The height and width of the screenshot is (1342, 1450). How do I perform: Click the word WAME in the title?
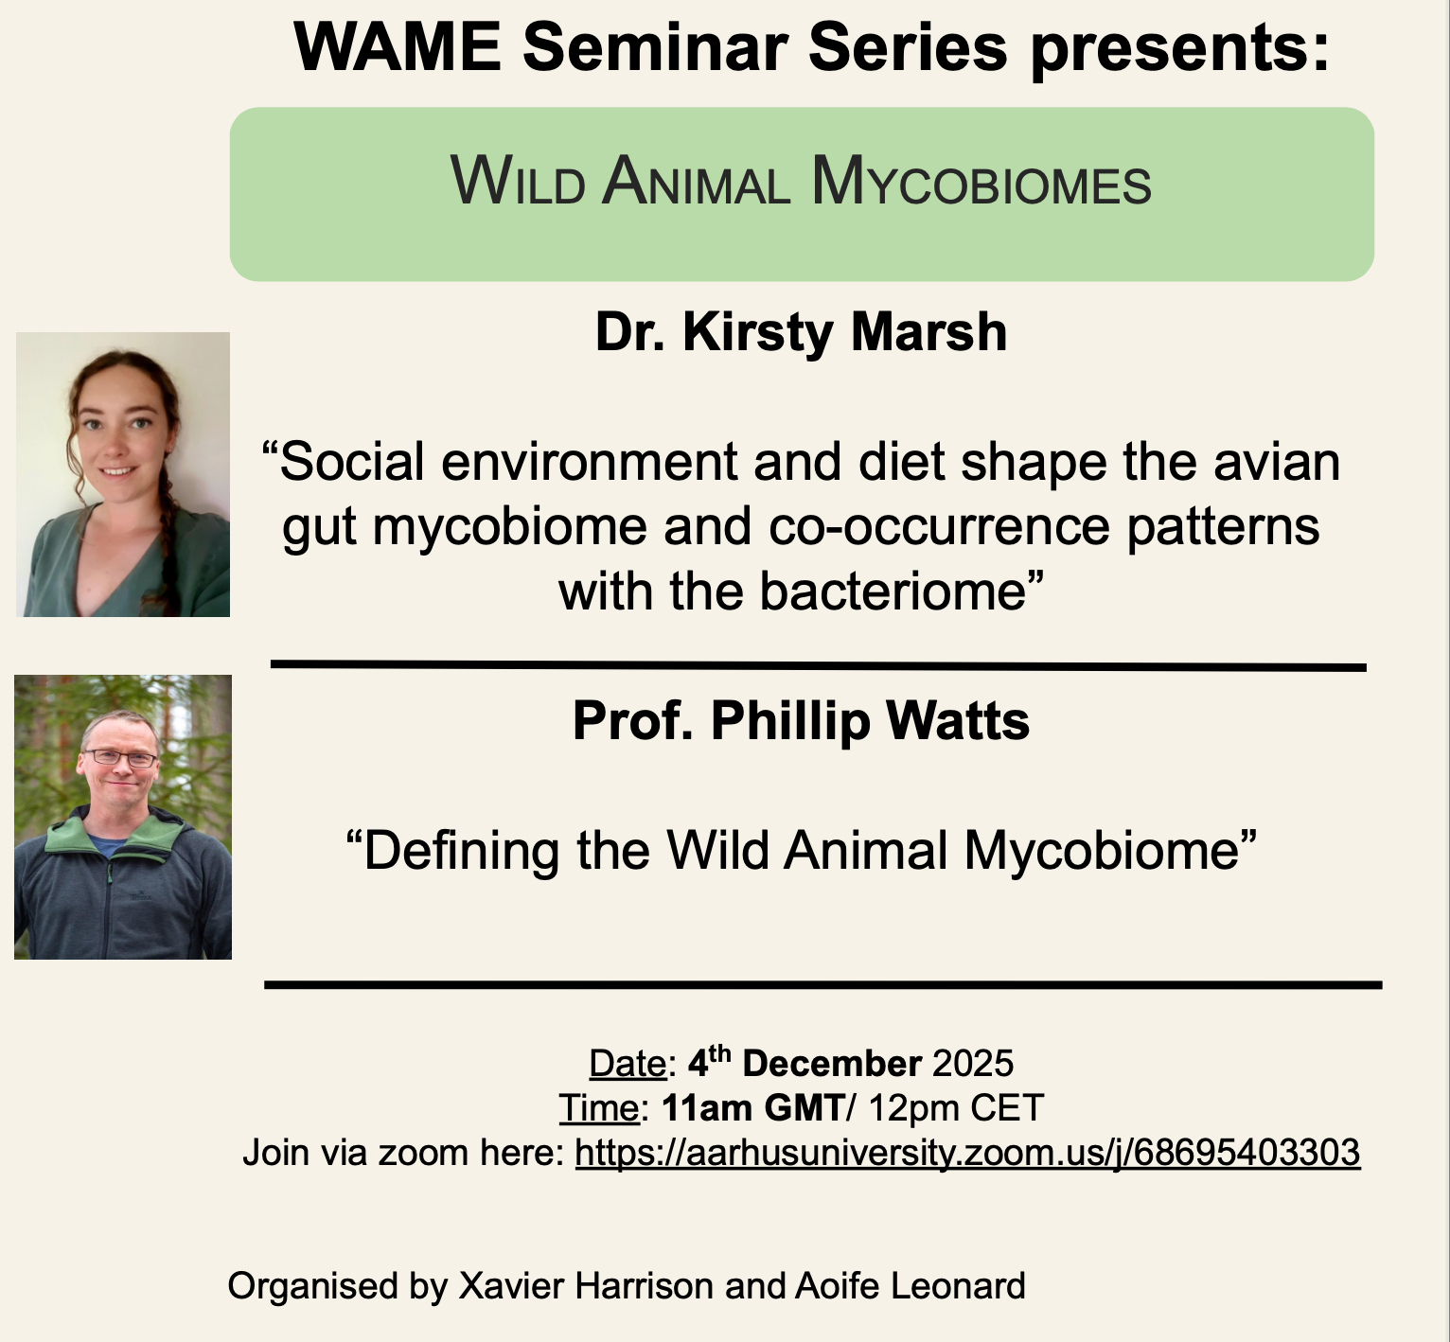coord(398,46)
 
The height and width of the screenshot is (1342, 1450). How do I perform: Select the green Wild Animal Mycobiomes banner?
coord(802,194)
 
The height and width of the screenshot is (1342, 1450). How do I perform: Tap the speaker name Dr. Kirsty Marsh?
coord(801,332)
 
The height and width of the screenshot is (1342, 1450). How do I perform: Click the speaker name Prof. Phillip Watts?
coord(801,721)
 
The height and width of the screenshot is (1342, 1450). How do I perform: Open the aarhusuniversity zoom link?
coord(967,1153)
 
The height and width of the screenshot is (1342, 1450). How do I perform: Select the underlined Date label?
coord(628,1064)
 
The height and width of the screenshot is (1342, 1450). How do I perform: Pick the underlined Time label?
coord(598,1107)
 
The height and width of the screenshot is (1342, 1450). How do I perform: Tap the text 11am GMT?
coord(752,1107)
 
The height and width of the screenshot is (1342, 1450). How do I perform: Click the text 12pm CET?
coord(955,1107)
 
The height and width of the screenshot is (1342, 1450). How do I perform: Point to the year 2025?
coord(973,1064)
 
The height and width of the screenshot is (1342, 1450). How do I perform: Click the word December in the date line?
coord(832,1064)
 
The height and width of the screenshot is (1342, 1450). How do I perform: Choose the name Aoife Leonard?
coord(911,1286)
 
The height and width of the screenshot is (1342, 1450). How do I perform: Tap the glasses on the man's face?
coord(120,758)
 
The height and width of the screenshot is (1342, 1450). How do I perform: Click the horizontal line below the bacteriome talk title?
coord(819,665)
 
